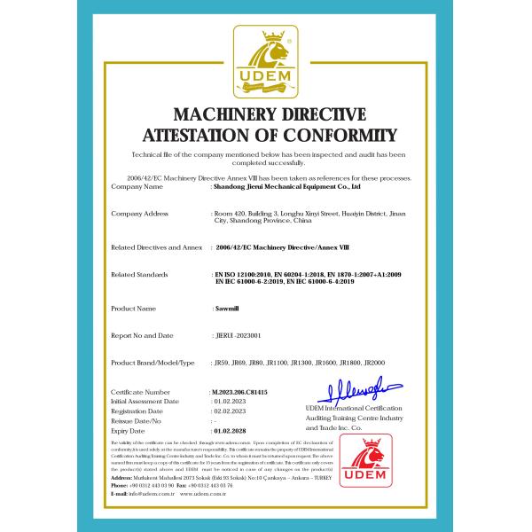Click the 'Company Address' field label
[139, 214]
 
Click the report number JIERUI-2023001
[239, 335]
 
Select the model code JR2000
[387, 364]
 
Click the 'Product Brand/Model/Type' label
[153, 364]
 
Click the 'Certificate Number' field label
[140, 391]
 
